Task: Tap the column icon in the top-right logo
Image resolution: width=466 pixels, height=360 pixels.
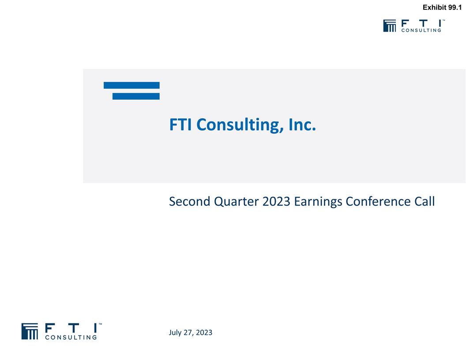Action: point(390,26)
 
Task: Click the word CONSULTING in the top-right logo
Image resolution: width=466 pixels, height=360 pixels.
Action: point(421,30)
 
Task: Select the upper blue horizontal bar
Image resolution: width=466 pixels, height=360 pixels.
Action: point(132,85)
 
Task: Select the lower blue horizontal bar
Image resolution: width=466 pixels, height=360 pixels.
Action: point(136,96)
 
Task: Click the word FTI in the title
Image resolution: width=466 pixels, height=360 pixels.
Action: point(180,125)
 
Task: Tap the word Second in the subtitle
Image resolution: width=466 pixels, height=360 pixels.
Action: point(189,202)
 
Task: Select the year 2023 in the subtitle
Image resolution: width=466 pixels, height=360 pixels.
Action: point(276,202)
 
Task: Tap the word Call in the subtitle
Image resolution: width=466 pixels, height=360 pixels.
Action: point(424,202)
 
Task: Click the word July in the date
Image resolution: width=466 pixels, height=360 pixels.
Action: point(176,333)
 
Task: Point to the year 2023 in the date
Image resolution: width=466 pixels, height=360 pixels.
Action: point(203,333)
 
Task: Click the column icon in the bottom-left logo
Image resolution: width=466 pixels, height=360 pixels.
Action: point(30,331)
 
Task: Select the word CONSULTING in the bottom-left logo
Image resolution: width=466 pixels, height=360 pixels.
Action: point(71,338)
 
